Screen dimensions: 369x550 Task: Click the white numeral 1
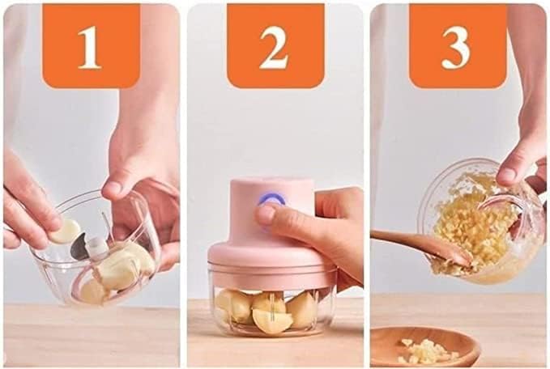(90, 49)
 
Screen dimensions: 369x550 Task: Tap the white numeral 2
(274, 49)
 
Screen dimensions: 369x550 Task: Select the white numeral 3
(456, 49)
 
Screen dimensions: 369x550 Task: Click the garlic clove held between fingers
(66, 231)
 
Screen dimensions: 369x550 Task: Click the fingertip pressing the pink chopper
(266, 214)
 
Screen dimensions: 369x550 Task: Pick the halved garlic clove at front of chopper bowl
(271, 320)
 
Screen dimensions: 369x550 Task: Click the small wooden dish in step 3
(424, 347)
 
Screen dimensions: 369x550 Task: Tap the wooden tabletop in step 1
(89, 336)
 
